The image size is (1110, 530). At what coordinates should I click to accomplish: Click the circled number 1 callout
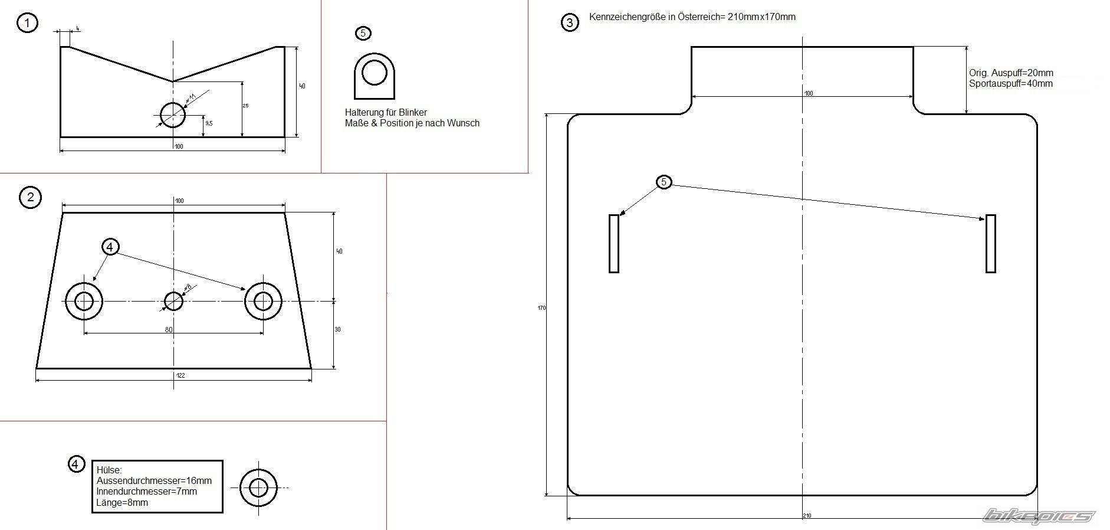click(27, 23)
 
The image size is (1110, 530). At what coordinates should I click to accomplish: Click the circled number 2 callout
click(31, 197)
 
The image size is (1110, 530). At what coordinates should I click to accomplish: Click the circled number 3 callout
click(569, 23)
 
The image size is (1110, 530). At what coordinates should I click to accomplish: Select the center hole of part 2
click(173, 301)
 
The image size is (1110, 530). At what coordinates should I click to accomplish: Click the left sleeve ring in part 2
click(84, 301)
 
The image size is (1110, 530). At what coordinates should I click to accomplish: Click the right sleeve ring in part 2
click(263, 301)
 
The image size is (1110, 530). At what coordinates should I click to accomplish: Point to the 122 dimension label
click(180, 375)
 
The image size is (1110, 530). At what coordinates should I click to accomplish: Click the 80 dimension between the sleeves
click(169, 330)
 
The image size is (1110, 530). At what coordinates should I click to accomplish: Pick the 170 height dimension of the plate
click(541, 308)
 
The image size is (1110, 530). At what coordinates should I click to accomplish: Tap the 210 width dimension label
click(807, 516)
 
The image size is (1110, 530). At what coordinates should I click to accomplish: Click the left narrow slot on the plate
click(614, 243)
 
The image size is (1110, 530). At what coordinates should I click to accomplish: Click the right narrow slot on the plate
click(991, 243)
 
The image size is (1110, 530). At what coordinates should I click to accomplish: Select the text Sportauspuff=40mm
click(1010, 84)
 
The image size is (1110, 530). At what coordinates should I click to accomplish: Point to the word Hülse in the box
click(109, 470)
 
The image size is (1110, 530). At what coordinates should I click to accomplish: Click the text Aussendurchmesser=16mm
click(154, 481)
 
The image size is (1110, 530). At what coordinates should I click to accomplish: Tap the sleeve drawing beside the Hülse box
click(258, 488)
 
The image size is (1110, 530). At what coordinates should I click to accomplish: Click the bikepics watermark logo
click(1038, 516)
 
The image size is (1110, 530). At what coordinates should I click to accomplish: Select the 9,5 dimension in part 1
click(209, 123)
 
